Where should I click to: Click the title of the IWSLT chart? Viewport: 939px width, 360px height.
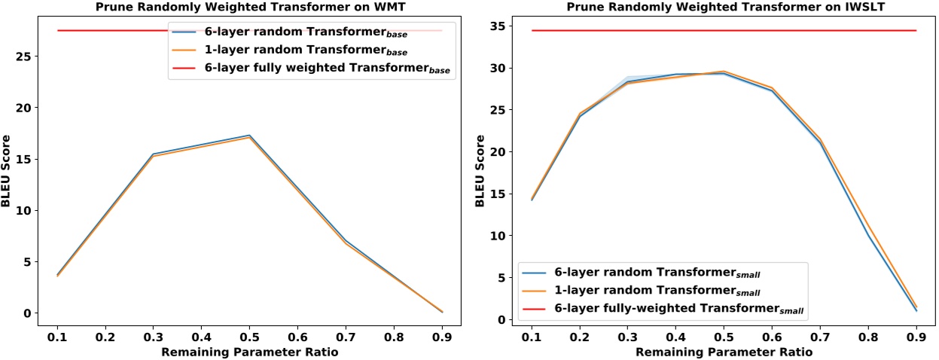pos(720,7)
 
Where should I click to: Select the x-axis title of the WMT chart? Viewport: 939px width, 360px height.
pos(249,351)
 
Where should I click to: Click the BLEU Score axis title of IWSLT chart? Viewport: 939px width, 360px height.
pos(479,172)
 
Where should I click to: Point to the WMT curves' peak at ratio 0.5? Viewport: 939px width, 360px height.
pos(249,136)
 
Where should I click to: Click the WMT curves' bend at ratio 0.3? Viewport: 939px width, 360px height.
pos(154,154)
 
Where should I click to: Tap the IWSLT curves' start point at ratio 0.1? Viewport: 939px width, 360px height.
pos(532,199)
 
